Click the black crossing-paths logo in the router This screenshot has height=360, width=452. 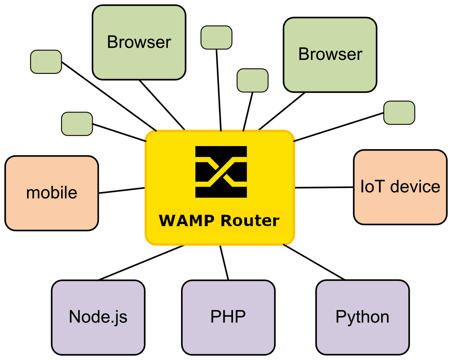[x=221, y=171]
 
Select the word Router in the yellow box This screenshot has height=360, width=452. [x=250, y=220]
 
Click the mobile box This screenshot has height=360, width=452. [x=52, y=193]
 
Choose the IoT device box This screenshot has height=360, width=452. [x=400, y=187]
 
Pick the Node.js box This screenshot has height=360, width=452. [x=98, y=317]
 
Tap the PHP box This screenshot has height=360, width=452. [x=228, y=317]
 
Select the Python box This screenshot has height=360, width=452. [x=362, y=317]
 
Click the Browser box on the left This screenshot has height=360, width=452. [x=139, y=42]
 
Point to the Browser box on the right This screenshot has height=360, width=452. [x=330, y=55]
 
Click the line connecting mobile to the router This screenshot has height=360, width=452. [x=122, y=191]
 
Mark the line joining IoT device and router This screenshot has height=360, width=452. [x=324, y=187]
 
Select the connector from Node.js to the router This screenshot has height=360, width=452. [x=141, y=263]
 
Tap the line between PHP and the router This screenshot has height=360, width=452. [x=224, y=263]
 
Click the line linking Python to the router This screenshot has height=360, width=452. [x=314, y=262]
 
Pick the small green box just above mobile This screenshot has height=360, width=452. [x=77, y=123]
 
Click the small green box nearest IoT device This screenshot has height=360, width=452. [x=399, y=112]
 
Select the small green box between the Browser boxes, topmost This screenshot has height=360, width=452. [x=216, y=37]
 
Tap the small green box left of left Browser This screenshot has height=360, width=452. [x=46, y=61]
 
